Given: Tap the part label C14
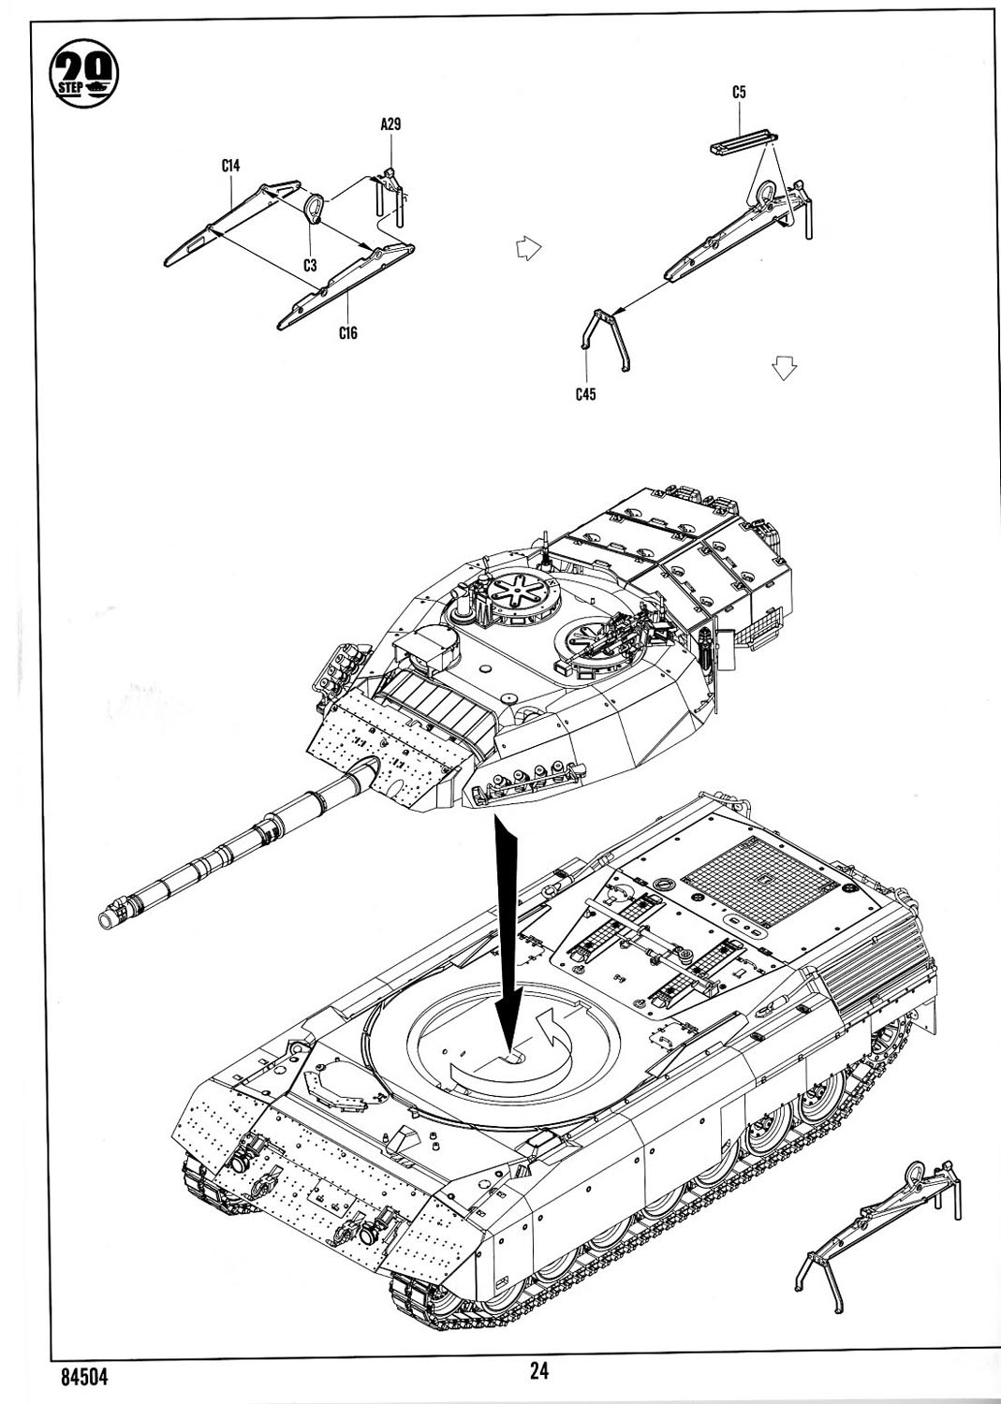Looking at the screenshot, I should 231,166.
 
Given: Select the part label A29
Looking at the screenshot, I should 391,124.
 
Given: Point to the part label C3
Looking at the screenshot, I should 310,265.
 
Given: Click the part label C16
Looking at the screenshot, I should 348,332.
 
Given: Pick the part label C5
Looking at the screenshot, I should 740,92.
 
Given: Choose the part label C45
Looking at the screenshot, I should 586,394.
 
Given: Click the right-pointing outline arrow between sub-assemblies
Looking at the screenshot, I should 528,249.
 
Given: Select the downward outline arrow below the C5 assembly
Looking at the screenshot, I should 784,368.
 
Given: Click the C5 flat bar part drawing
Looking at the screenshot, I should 743,145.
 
